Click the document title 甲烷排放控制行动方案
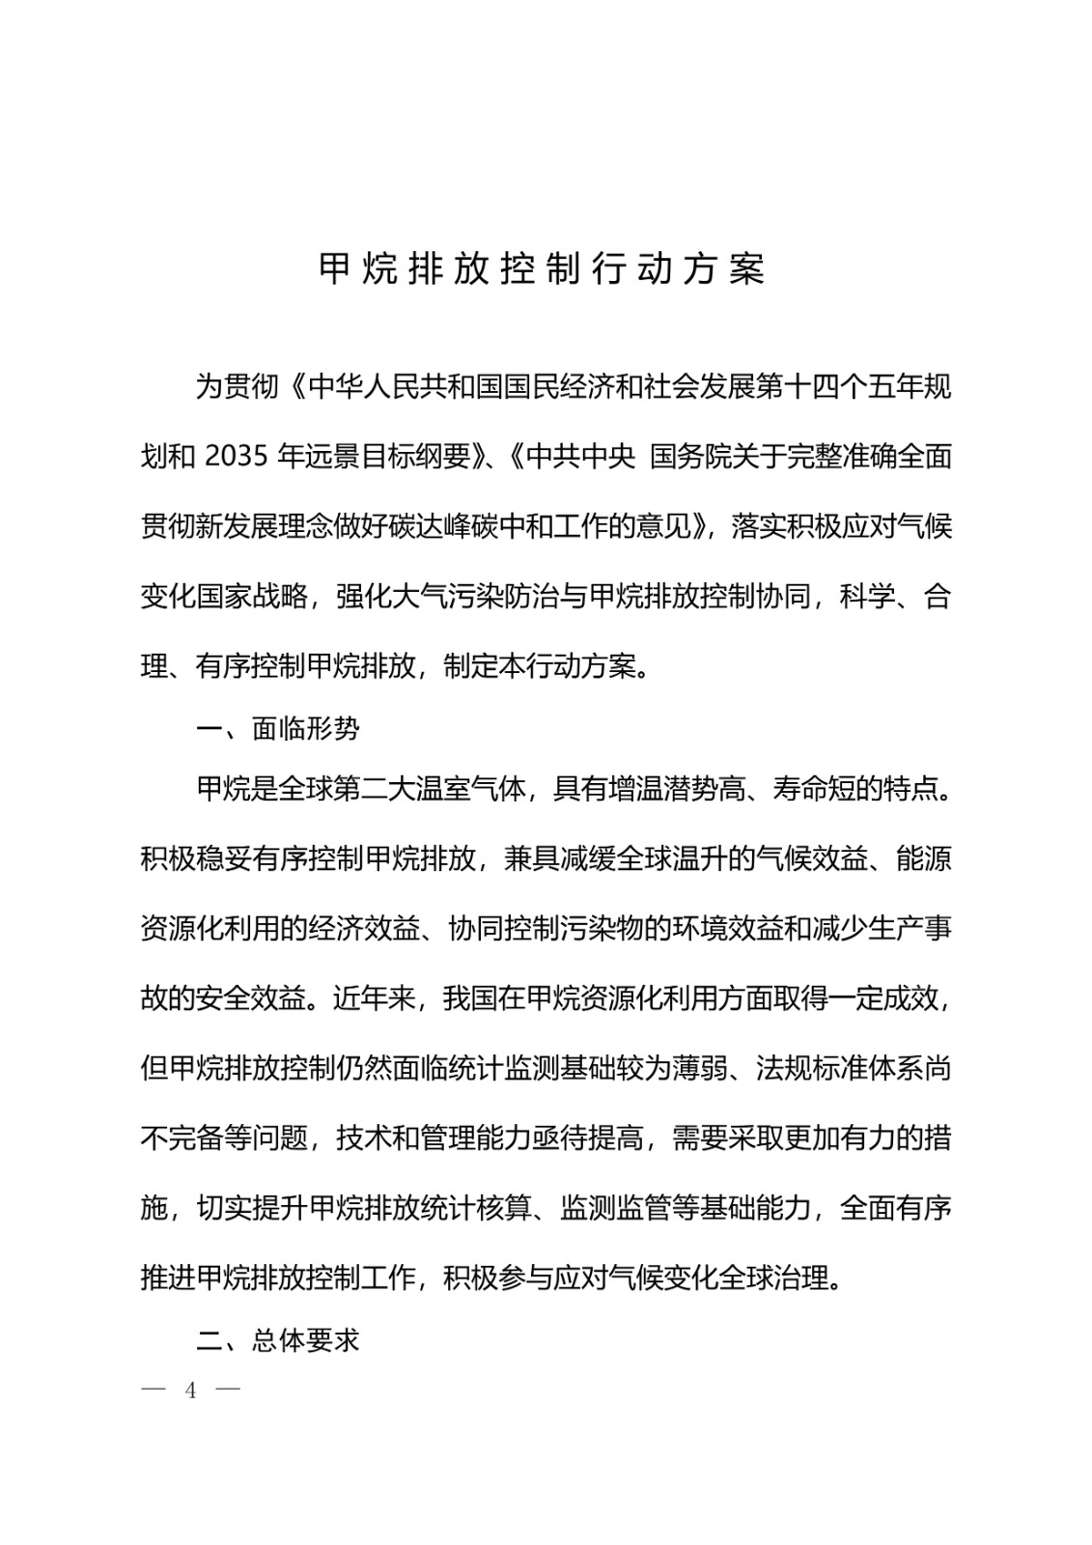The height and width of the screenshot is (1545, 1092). click(543, 270)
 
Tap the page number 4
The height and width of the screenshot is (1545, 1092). click(191, 1391)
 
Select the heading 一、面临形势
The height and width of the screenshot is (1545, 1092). click(278, 728)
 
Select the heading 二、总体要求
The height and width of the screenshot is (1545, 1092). click(278, 1340)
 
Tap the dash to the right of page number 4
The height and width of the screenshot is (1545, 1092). click(228, 1391)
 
